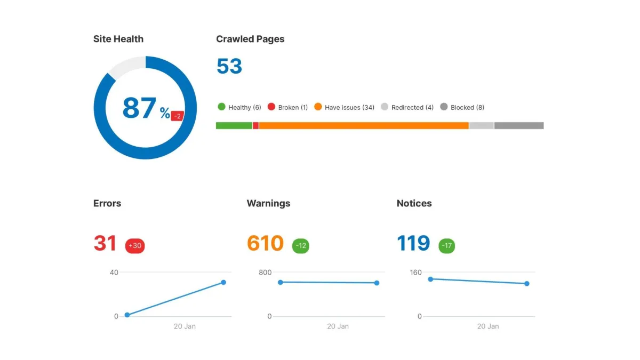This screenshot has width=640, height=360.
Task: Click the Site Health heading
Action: pos(118,39)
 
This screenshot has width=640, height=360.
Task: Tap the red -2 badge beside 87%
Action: pos(178,116)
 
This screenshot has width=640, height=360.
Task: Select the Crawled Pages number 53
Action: pos(229,67)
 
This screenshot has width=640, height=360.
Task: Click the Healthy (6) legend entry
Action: pos(239,107)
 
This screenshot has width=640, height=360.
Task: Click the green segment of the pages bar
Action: pos(234,126)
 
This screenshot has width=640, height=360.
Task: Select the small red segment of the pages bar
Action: pos(255,126)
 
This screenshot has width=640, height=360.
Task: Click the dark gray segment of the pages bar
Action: pos(518,126)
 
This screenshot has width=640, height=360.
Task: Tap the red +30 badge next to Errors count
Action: pos(135,246)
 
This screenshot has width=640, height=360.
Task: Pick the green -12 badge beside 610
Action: pos(301,246)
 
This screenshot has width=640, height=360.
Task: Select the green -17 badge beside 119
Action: pos(447,246)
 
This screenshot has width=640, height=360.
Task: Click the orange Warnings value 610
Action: pos(265,243)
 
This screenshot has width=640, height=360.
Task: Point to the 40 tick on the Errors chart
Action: pos(114,273)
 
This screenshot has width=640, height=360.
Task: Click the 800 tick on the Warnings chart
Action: pos(265,273)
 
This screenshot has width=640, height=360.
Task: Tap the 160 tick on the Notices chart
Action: pos(415,273)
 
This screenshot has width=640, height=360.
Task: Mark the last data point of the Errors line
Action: pos(223,282)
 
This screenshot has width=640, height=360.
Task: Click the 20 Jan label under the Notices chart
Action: pos(489,326)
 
